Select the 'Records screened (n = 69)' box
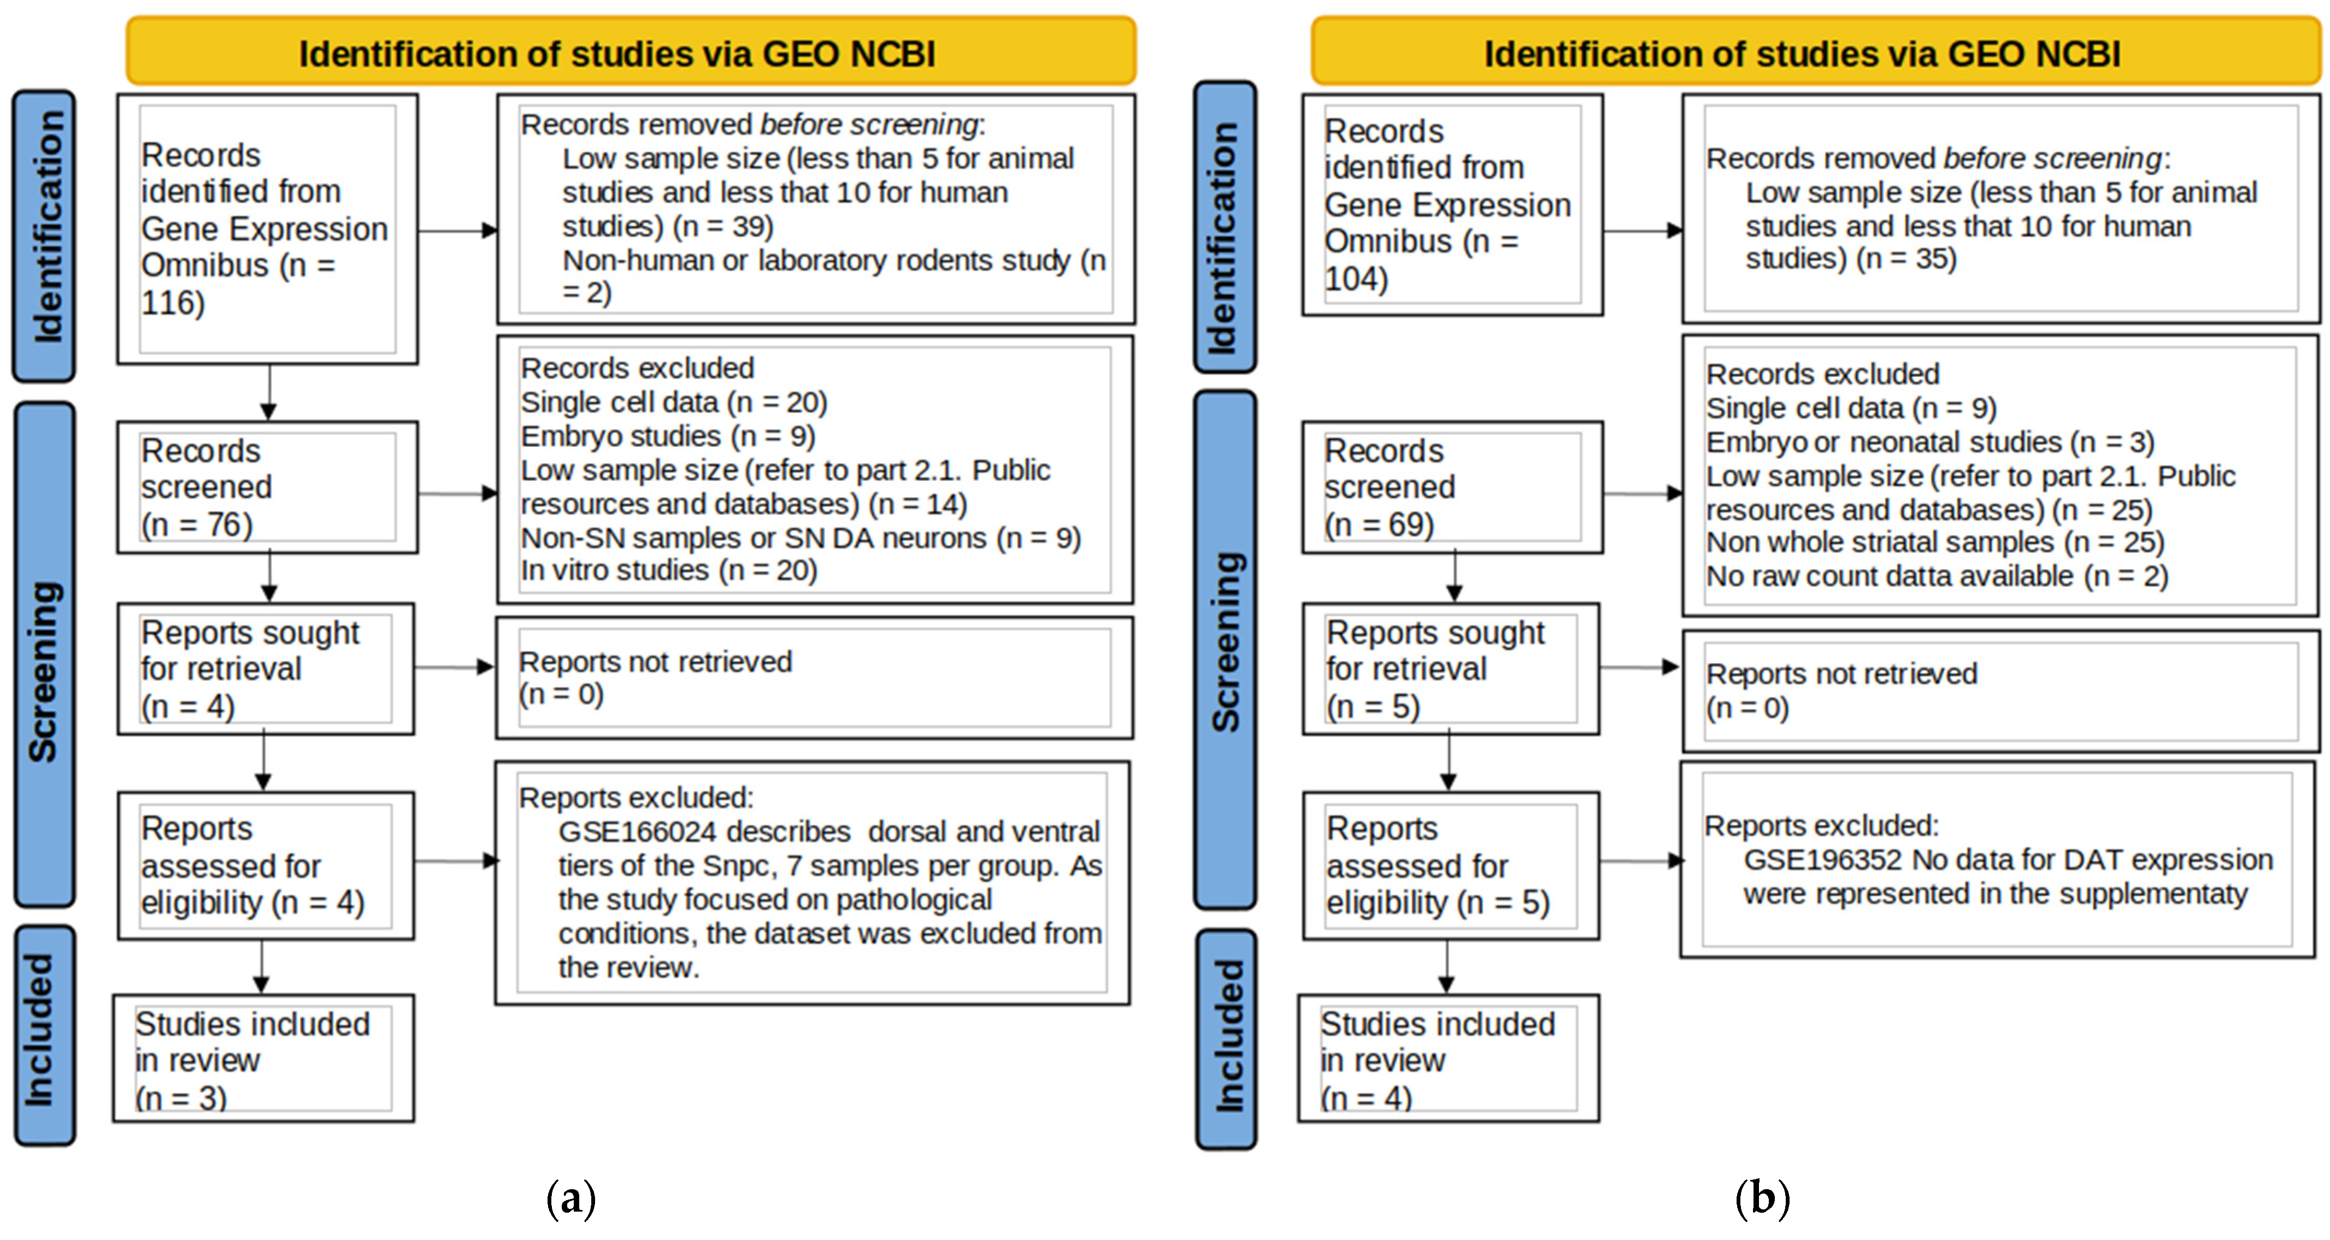click(x=1452, y=487)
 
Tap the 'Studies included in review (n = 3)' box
click(x=263, y=1059)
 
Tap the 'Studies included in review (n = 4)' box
click(x=1448, y=1059)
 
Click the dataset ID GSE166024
click(x=637, y=832)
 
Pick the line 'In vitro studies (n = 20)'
click(x=668, y=571)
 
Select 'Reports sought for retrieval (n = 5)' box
click(x=1450, y=669)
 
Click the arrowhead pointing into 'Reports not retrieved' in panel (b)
click(x=1670, y=668)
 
